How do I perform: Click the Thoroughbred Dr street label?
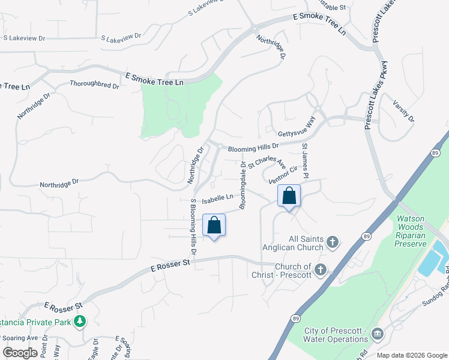coord(94,85)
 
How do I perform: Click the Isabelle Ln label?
coord(217,197)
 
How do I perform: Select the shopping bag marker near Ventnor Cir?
coord(289,196)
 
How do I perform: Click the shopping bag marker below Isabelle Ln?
coord(214,226)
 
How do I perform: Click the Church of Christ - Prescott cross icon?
coord(321,271)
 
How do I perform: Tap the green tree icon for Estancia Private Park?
coord(79,322)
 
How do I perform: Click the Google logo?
coord(20,352)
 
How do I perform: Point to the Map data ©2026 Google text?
coord(411,355)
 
